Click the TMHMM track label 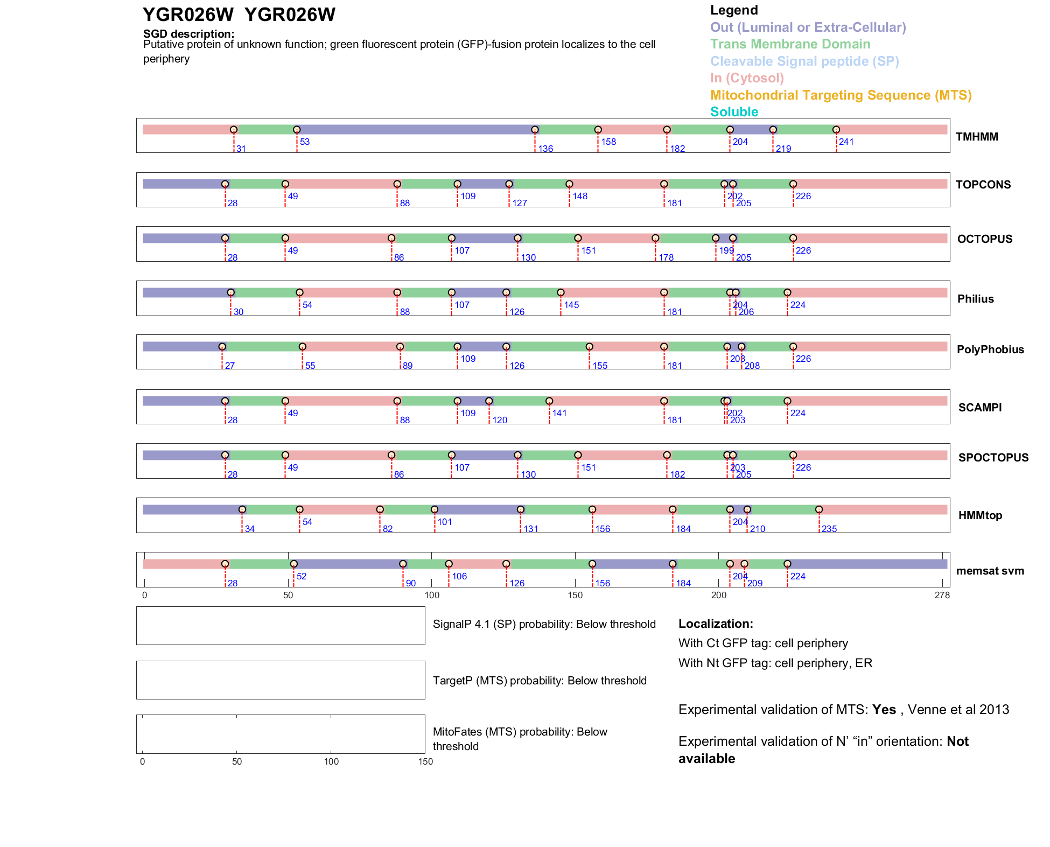pyautogui.click(x=976, y=137)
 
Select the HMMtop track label pyautogui.click(x=980, y=515)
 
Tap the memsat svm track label pyautogui.click(x=990, y=571)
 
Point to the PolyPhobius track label pyautogui.click(x=990, y=349)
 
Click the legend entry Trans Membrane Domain pyautogui.click(x=790, y=44)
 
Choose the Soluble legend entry pyautogui.click(x=734, y=112)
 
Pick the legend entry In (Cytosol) pyautogui.click(x=747, y=78)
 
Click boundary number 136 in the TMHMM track pyautogui.click(x=545, y=149)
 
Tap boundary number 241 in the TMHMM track pyautogui.click(x=846, y=142)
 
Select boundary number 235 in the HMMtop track pyautogui.click(x=829, y=529)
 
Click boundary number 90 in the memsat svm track pyautogui.click(x=410, y=583)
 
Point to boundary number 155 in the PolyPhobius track pyautogui.click(x=599, y=366)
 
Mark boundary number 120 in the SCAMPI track pyautogui.click(x=499, y=420)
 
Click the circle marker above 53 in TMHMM pyautogui.click(x=297, y=130)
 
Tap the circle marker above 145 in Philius pyautogui.click(x=561, y=292)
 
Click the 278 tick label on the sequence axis pyautogui.click(x=942, y=595)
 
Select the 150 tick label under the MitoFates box pyautogui.click(x=425, y=761)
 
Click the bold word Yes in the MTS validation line pyautogui.click(x=884, y=710)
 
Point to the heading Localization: pyautogui.click(x=715, y=624)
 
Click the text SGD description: pyautogui.click(x=188, y=34)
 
